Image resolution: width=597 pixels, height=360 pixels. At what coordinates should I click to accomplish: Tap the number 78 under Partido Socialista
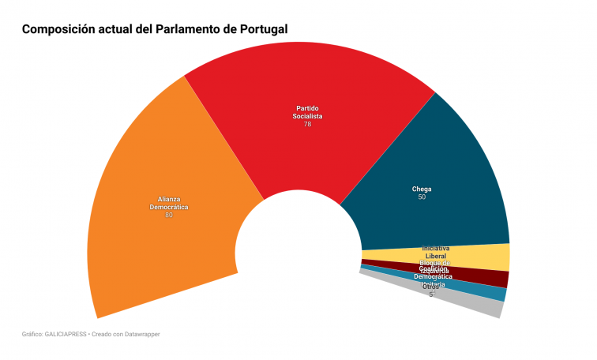(308, 125)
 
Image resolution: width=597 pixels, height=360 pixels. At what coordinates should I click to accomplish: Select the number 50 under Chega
(422, 197)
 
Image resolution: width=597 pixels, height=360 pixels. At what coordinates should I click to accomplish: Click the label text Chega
(422, 189)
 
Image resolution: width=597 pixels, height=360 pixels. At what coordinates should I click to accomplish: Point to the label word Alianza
(169, 199)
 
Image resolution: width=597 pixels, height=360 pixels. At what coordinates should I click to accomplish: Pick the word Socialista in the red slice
(308, 116)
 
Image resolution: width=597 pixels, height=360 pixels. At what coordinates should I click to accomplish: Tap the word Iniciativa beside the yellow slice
(436, 248)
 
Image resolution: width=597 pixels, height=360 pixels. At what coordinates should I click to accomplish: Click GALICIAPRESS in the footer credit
(65, 335)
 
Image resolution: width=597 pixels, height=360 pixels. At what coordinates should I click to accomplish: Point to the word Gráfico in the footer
(32, 335)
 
